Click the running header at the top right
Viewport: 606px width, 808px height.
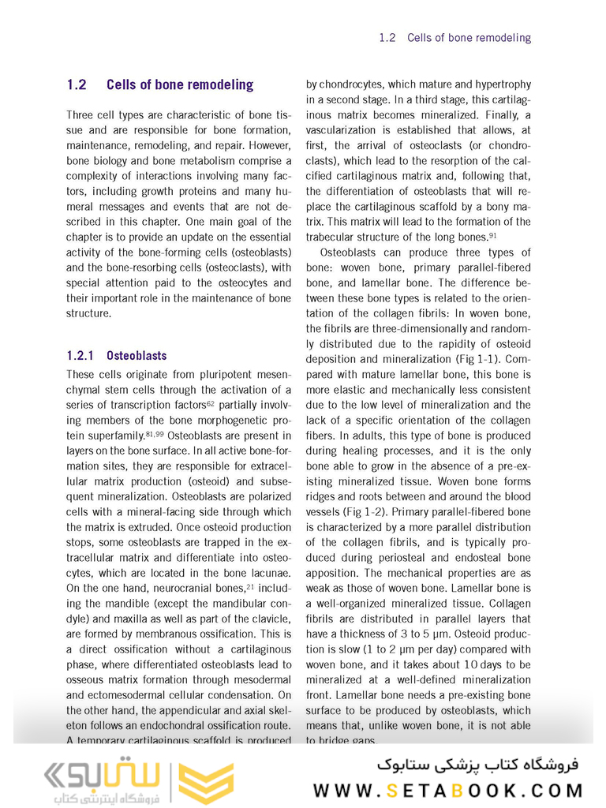point(454,37)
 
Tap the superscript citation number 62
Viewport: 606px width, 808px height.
point(211,403)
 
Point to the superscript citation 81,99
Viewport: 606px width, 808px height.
point(155,434)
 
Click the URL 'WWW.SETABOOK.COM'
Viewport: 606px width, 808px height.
point(448,790)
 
